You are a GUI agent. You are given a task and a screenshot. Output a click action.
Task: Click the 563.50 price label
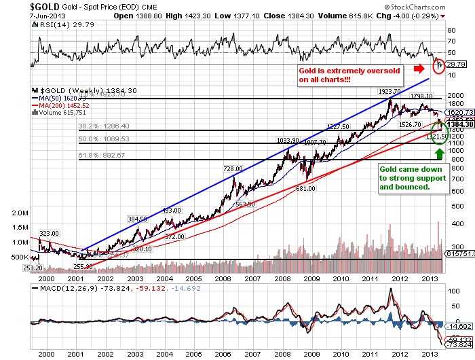point(245,204)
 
